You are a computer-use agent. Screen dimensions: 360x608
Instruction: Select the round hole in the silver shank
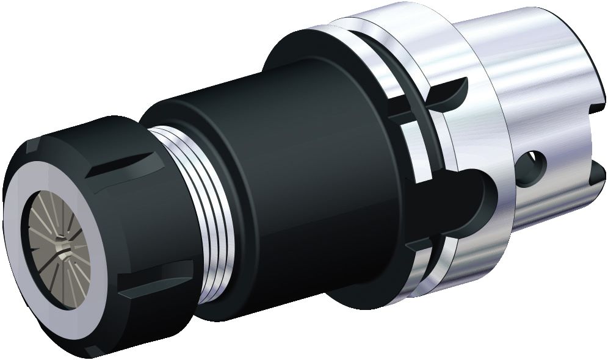[x=534, y=165]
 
